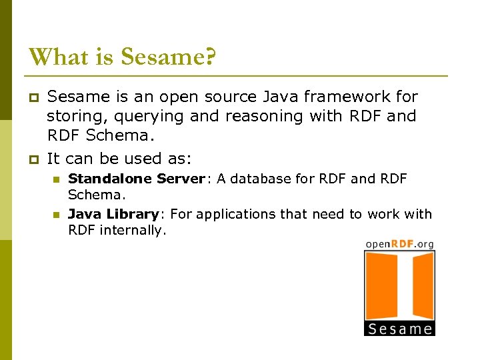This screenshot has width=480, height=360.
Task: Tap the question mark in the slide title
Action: coord(209,57)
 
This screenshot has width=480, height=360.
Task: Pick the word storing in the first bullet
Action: coord(71,116)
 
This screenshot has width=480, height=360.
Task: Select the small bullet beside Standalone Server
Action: coord(57,179)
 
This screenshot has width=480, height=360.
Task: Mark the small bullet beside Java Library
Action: coord(57,215)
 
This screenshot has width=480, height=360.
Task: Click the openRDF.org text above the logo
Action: coord(399,244)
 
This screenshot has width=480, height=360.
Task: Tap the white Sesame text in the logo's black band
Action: coord(399,328)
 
